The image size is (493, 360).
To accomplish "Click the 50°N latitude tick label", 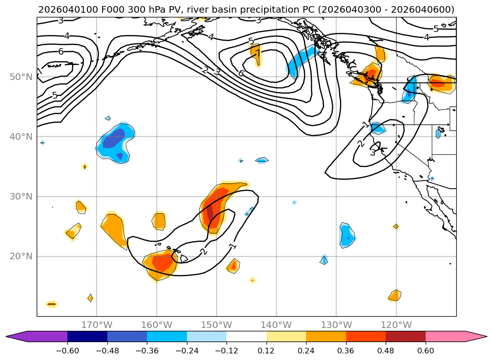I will tap(21, 77).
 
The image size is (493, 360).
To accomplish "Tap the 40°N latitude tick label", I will tap(21, 136).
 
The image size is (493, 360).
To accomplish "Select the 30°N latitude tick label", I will tap(21, 196).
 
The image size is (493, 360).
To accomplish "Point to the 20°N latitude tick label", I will tap(21, 256).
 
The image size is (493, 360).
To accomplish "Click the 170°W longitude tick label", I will tap(97, 325).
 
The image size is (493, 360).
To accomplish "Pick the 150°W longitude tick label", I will tap(217, 325).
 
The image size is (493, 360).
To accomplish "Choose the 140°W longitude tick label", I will tap(276, 325).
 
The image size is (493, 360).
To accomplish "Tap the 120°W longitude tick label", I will tap(396, 325).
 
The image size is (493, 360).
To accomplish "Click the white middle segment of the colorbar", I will tap(246, 336).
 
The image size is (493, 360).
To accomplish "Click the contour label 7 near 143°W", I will tap(258, 53).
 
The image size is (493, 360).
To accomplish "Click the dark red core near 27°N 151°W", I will tap(210, 209).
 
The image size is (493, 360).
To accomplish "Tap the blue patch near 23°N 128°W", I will tap(347, 235).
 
